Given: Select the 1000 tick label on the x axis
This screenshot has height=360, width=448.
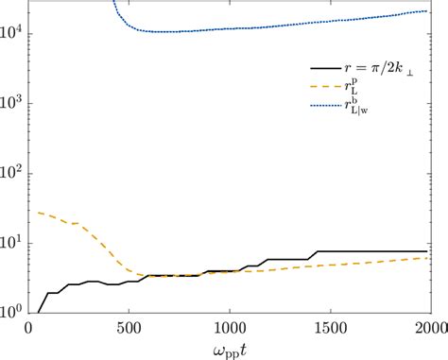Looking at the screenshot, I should pyautogui.click(x=228, y=327).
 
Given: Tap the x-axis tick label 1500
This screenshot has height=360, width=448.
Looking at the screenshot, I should pyautogui.click(x=328, y=327).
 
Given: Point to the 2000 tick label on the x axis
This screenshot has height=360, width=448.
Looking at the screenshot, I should pyautogui.click(x=427, y=327).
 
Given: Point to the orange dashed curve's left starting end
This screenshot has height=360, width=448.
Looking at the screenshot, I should pyautogui.click(x=37, y=213).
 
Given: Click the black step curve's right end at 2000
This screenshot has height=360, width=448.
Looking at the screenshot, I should pyautogui.click(x=427, y=251).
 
